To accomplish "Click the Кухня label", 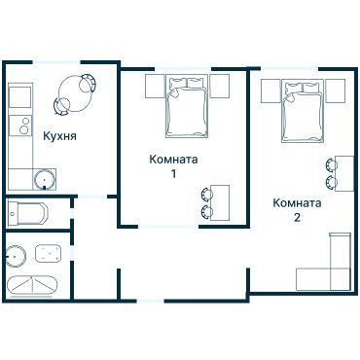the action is tap(59, 136).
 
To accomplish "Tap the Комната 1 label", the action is tap(173, 166).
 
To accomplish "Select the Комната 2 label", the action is tap(297, 210).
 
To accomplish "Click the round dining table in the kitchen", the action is tap(74, 92).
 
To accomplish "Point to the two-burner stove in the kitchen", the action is tap(20, 126).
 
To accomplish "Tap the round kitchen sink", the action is tap(44, 178).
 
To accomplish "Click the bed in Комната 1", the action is tap(187, 106).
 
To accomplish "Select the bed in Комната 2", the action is tap(303, 111).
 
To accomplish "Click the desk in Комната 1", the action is tap(220, 202).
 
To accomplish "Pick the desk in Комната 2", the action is tap(344, 173).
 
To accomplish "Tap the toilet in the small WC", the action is tap(27, 214).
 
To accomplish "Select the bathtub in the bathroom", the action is tap(31, 285).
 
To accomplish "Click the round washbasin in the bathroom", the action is tap(16, 256).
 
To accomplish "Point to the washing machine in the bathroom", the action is tap(48, 253).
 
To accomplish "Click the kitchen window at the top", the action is tap(56, 62).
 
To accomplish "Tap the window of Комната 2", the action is tap(290, 69).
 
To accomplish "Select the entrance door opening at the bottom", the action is tap(151, 301).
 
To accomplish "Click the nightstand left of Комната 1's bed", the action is tap(155, 86).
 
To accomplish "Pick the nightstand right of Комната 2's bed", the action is tap(336, 90).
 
